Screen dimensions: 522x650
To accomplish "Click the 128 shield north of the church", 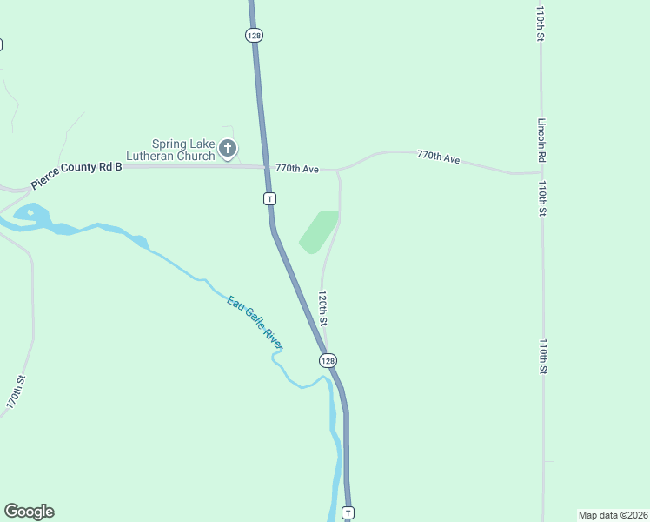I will [253, 35].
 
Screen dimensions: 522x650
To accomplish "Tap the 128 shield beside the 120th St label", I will [327, 360].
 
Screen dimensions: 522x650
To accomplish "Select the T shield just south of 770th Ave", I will [270, 199].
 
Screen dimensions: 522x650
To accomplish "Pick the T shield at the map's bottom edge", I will [348, 512].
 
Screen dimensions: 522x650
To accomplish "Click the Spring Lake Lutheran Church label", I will [182, 151].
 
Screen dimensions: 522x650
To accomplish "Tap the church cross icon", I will [228, 149].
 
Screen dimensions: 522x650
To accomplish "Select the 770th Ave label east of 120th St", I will [438, 157].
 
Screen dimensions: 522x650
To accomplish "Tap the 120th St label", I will [322, 308].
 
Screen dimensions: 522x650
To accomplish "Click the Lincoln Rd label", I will [541, 140].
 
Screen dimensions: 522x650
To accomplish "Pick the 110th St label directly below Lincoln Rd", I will [541, 198].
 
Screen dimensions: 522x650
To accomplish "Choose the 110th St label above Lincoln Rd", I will [540, 24].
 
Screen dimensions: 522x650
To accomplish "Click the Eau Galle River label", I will [254, 323].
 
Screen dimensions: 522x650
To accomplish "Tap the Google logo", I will [29, 512].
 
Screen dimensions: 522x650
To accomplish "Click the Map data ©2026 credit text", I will [613, 514].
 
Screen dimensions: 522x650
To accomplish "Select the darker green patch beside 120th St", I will [318, 231].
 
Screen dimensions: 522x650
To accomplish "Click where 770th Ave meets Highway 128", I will [266, 166].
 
